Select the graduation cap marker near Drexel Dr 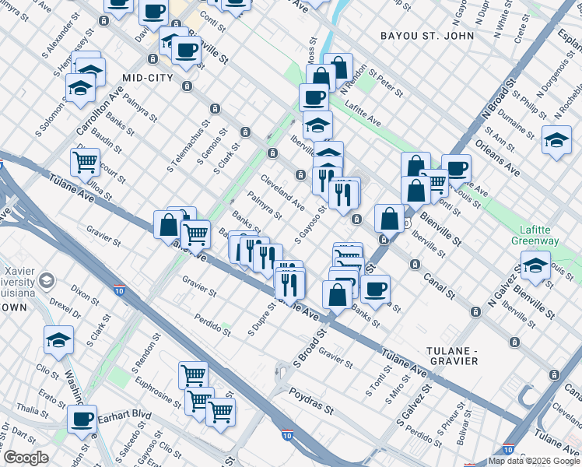click(x=58, y=339)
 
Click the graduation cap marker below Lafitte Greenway click(x=535, y=265)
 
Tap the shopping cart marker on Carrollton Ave click(x=86, y=162)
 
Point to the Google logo click(x=26, y=458)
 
